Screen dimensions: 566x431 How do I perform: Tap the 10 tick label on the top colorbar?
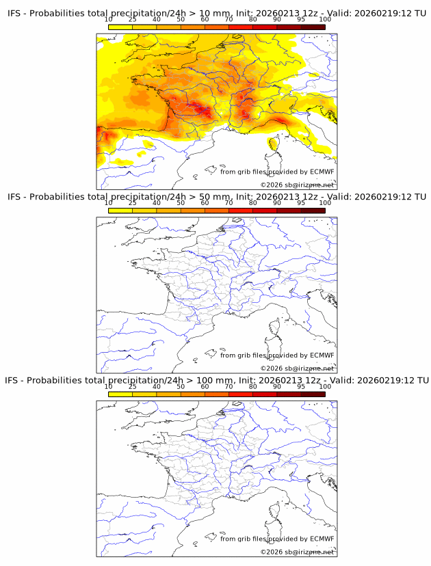[108, 19]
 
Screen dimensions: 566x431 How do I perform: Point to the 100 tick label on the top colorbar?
[325, 19]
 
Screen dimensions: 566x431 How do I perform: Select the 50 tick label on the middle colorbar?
[181, 203]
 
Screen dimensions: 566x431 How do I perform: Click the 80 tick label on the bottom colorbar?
[253, 387]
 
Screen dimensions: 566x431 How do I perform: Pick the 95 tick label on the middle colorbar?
[301, 203]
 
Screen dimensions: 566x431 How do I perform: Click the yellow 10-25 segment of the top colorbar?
[120, 27]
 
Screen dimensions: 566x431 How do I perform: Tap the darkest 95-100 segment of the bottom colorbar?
[313, 394]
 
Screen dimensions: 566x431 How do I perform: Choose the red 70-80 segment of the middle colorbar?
[240, 211]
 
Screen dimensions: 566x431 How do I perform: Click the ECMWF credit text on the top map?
[277, 172]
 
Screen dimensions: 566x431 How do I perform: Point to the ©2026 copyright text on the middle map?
[298, 368]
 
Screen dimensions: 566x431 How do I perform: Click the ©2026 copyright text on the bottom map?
[298, 552]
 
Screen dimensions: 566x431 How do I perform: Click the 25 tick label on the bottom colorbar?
[132, 387]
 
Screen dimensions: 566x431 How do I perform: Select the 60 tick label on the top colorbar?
[205, 19]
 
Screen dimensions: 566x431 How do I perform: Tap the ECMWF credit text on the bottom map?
[277, 539]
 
